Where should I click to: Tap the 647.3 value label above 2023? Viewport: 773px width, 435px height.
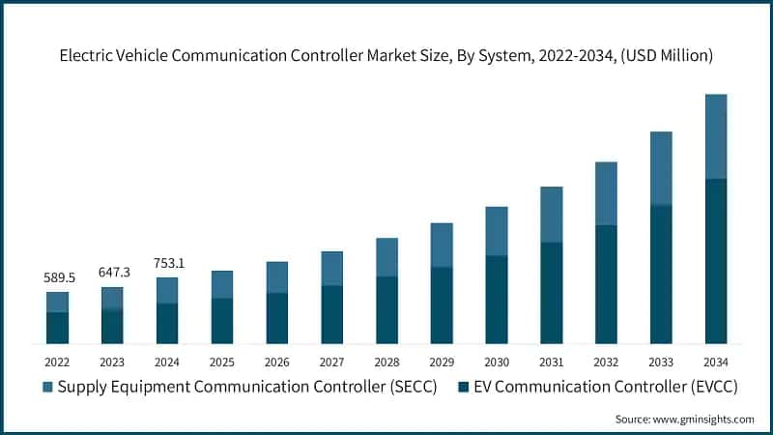[x=112, y=273]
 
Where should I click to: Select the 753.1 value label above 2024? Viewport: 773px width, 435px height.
[x=167, y=263]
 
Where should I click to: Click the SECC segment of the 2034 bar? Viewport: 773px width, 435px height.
[x=716, y=136]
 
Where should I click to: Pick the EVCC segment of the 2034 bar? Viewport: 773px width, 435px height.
[x=716, y=261]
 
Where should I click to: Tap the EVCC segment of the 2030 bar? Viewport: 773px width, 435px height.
[x=497, y=300]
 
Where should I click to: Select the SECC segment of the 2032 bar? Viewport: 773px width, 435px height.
[x=606, y=193]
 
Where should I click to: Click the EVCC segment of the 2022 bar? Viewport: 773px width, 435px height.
[x=57, y=328]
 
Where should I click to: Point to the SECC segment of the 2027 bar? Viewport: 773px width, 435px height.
[x=331, y=269]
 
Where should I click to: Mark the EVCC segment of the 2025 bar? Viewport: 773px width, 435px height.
[x=222, y=321]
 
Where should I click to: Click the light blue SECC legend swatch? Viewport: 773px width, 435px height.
[x=47, y=388]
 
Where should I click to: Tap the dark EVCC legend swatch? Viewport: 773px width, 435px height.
[x=464, y=388]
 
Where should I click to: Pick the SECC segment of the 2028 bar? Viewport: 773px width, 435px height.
[x=386, y=257]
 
